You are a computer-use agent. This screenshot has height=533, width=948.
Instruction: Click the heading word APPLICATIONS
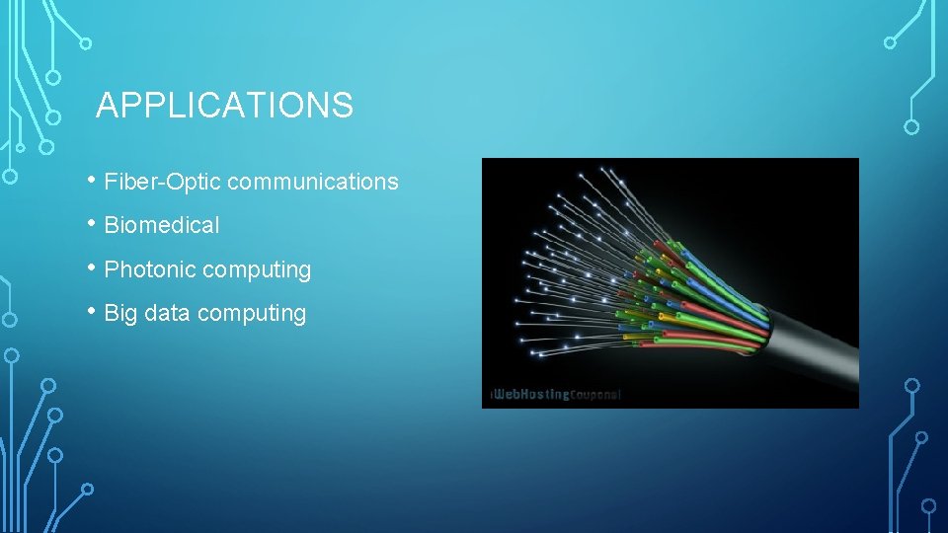click(224, 105)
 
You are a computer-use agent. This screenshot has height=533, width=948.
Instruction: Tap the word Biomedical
click(162, 225)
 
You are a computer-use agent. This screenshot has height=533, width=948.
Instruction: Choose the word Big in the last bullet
click(120, 313)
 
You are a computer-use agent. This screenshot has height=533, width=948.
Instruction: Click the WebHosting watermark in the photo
click(531, 395)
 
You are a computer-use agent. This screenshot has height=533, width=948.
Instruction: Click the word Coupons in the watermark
click(595, 395)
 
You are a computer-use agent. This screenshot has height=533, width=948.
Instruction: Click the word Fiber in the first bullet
click(124, 182)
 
